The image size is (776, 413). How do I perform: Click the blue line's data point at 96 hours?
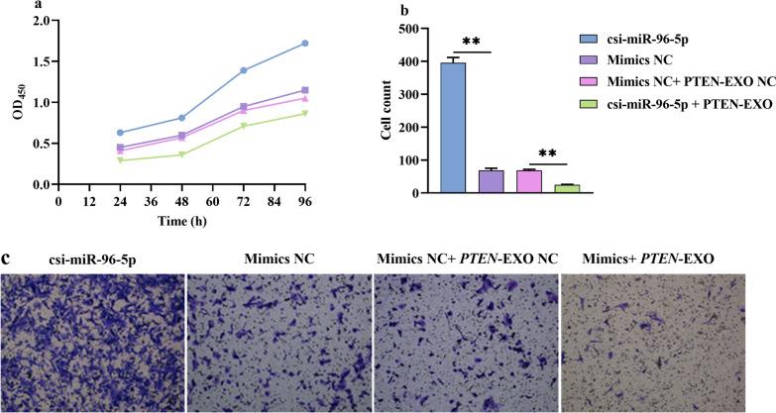(305, 44)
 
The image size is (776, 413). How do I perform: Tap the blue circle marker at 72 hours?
(243, 70)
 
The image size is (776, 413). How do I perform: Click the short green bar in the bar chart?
(565, 188)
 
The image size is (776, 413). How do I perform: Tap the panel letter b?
(403, 11)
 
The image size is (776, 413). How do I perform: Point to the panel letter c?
(7, 258)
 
